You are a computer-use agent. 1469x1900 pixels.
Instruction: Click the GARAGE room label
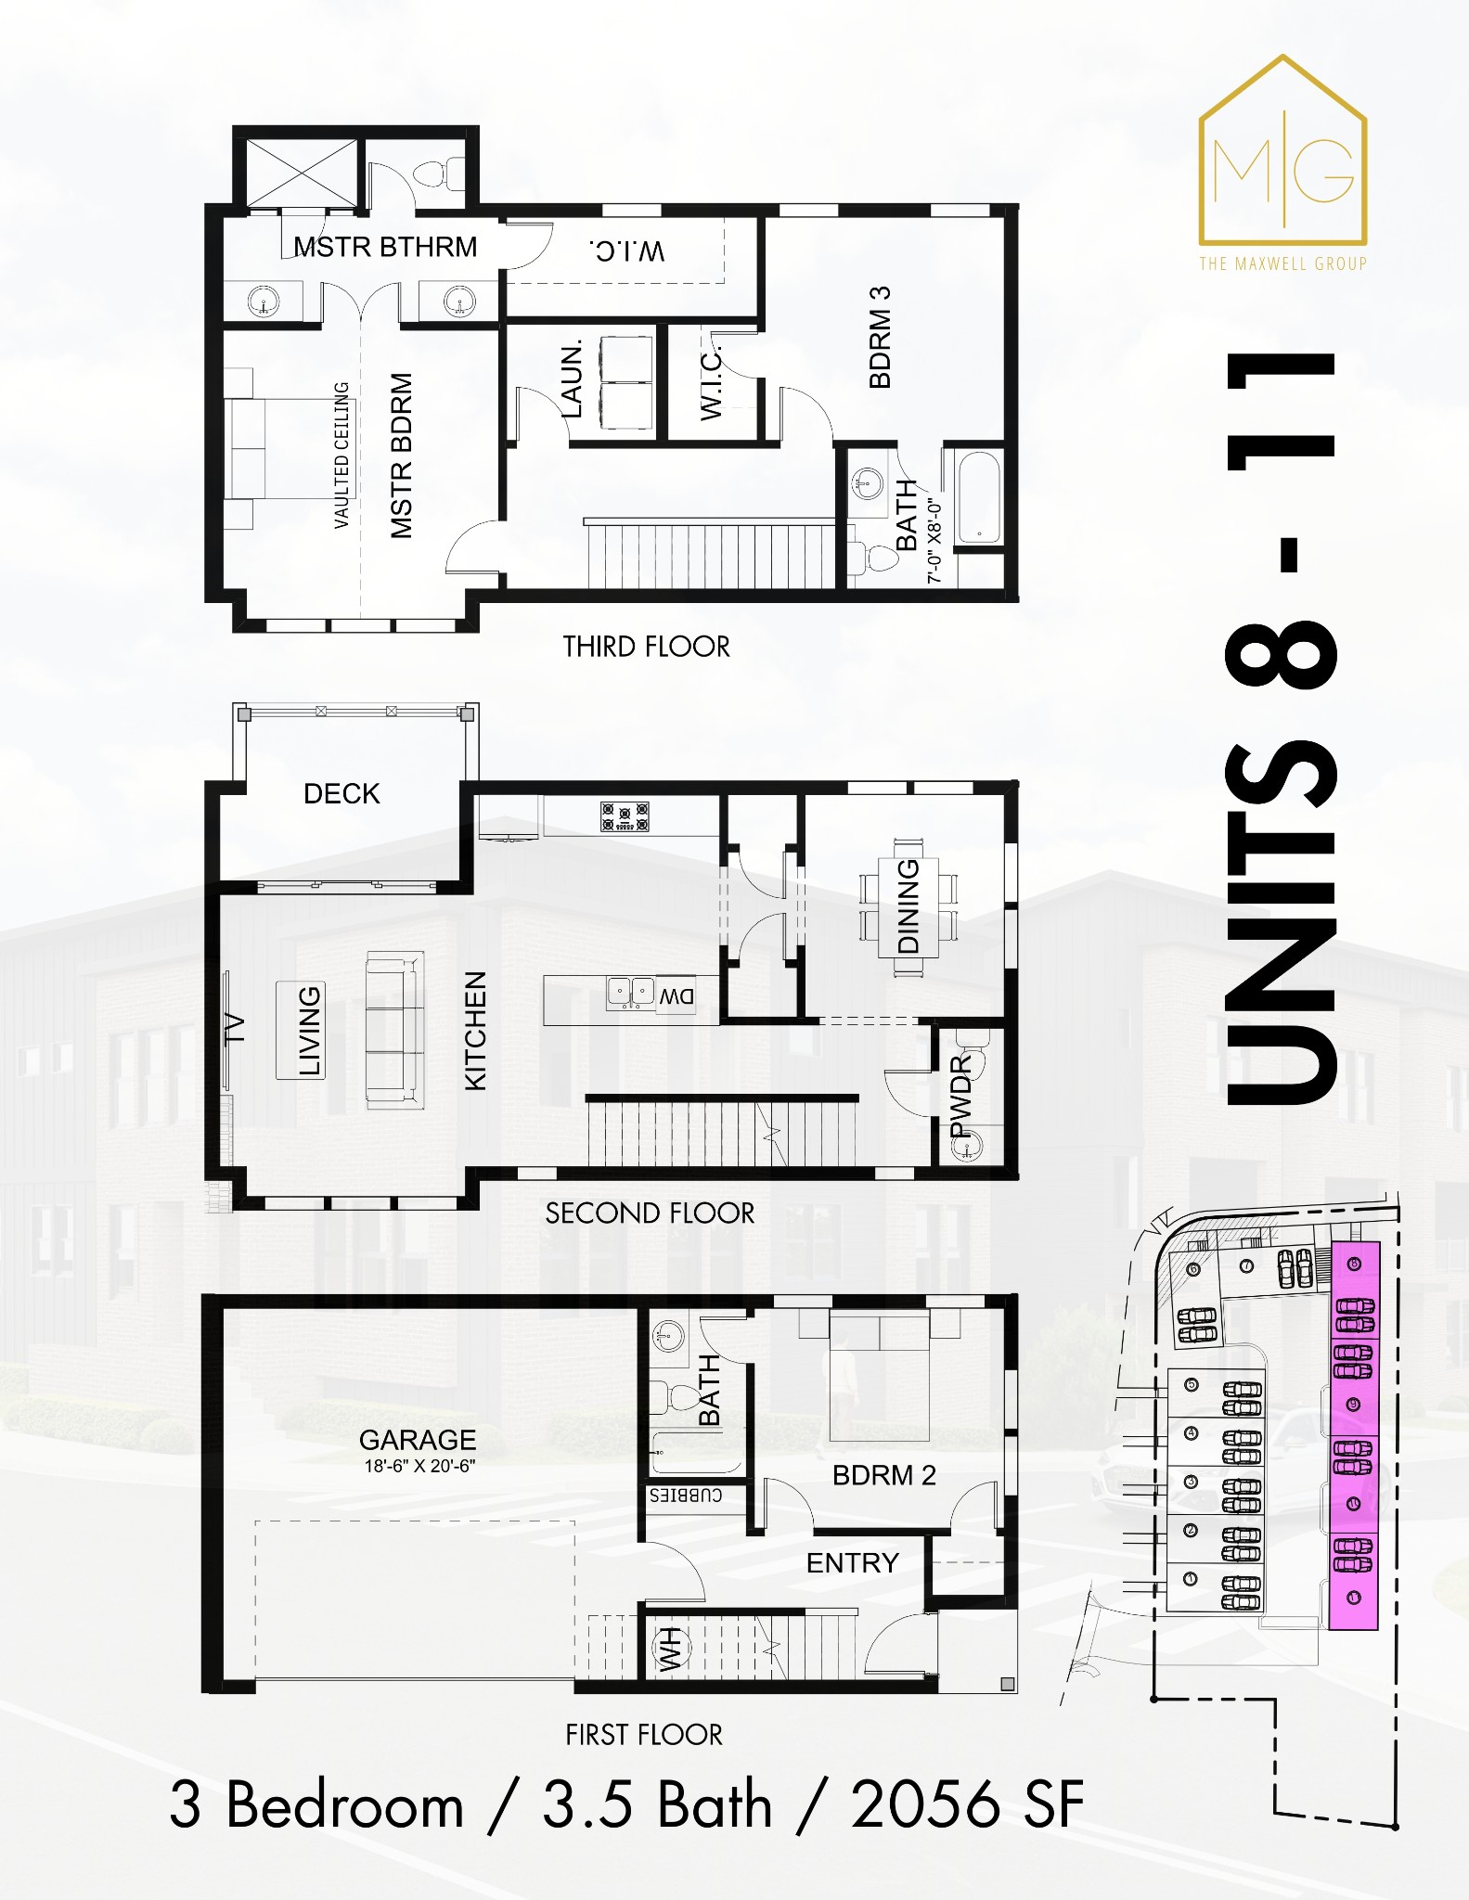click(x=418, y=1440)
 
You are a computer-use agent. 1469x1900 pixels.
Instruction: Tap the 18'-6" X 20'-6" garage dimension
click(x=419, y=1467)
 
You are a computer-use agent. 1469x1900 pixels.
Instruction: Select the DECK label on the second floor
click(x=341, y=794)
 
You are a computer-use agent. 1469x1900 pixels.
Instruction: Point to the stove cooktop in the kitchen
click(x=625, y=816)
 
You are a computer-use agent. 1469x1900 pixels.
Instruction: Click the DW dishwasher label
click(x=677, y=997)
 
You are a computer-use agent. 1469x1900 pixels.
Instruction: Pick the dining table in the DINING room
click(x=908, y=906)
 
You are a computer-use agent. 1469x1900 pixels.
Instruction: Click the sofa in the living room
click(x=394, y=1030)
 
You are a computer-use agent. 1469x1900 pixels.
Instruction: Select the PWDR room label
click(x=961, y=1095)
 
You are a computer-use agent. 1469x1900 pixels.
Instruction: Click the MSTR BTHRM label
click(x=385, y=248)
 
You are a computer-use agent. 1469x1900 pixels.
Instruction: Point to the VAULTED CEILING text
click(x=341, y=456)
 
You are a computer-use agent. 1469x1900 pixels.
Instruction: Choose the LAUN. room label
click(x=572, y=379)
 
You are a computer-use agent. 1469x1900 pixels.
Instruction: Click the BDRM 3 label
click(x=880, y=337)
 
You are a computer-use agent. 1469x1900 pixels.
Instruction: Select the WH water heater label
click(x=669, y=1648)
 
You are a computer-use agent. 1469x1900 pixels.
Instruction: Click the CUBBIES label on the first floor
click(x=686, y=1496)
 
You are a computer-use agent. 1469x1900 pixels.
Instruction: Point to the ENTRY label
click(x=853, y=1563)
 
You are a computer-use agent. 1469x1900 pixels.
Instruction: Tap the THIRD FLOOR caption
click(x=646, y=647)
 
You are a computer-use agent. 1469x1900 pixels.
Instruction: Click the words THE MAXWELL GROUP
click(x=1282, y=264)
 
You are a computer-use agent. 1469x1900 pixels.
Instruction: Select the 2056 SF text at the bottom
click(x=967, y=1805)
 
